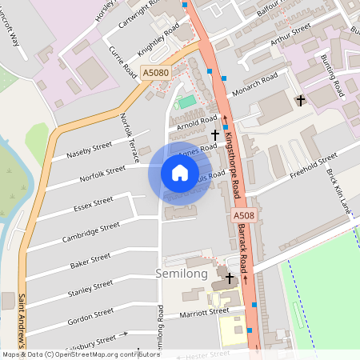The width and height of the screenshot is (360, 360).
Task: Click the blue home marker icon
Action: point(180,173)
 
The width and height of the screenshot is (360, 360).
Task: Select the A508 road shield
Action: point(244,217)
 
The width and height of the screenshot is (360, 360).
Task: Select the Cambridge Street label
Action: point(91,234)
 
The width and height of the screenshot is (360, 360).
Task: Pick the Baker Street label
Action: point(90,261)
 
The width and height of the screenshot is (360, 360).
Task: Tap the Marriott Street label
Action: point(198,314)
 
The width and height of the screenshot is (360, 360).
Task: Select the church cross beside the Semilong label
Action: point(230,278)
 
